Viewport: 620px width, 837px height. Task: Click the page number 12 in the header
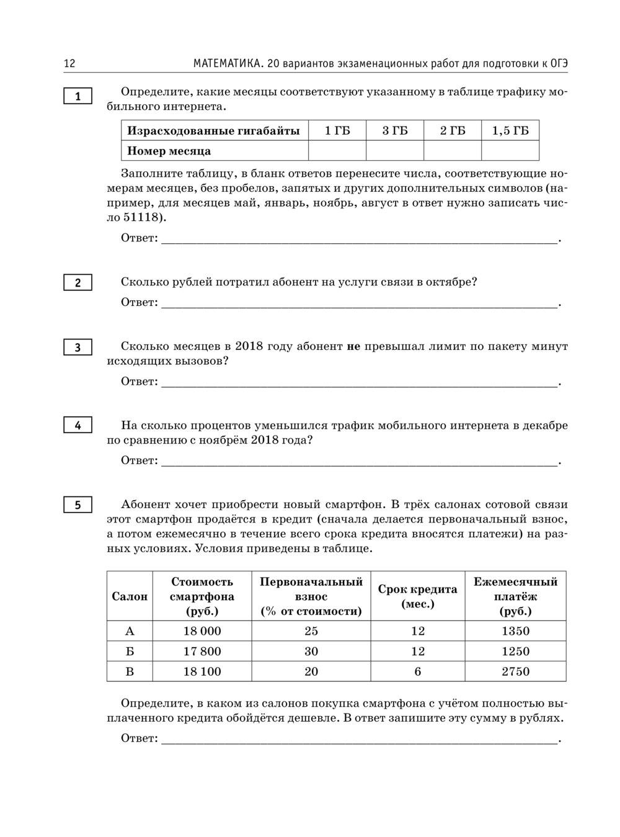tap(69, 64)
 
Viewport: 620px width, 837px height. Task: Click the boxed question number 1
tap(77, 96)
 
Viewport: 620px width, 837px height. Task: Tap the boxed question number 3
tap(77, 347)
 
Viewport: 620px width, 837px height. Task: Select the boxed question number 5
tap(77, 505)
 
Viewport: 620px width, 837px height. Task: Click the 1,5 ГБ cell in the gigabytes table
tap(510, 130)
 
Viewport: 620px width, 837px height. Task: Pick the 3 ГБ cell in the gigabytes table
tap(395, 130)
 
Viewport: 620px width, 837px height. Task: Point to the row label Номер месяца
tap(169, 151)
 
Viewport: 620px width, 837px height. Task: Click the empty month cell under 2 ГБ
tap(453, 151)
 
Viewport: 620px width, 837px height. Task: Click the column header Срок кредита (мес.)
tap(418, 596)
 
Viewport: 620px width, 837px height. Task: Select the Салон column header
tap(130, 596)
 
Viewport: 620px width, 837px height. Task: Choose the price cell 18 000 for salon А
tap(202, 631)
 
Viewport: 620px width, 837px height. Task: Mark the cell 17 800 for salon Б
tap(202, 651)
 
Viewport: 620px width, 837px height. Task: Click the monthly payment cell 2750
tap(515, 671)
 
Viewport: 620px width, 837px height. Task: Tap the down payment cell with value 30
tap(311, 651)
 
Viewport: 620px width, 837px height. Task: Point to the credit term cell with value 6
tap(418, 671)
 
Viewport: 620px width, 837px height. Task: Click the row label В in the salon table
tap(130, 671)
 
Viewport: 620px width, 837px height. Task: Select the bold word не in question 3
tap(353, 347)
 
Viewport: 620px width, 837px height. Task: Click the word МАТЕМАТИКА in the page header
tap(226, 64)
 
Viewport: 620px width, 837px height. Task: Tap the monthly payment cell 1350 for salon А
tap(515, 631)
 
